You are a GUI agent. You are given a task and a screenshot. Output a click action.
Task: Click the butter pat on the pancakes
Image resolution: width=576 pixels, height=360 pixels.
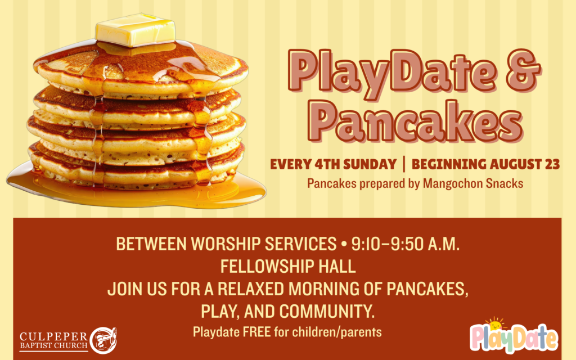pyautogui.click(x=135, y=30)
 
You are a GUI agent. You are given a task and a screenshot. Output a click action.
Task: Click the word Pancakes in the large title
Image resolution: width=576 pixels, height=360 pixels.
pyautogui.click(x=415, y=121)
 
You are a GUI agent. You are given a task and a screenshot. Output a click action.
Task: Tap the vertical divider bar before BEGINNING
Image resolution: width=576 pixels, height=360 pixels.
pyautogui.click(x=404, y=164)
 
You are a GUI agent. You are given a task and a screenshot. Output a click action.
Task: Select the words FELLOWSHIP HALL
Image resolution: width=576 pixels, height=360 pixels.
pyautogui.click(x=288, y=266)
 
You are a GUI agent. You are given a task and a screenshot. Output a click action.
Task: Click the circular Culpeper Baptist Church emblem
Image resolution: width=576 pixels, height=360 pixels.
pyautogui.click(x=103, y=340)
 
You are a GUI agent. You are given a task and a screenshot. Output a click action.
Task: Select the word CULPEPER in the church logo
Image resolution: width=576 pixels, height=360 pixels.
pyautogui.click(x=53, y=336)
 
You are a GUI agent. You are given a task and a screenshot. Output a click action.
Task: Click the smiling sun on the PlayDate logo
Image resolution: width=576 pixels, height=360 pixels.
pyautogui.click(x=496, y=324)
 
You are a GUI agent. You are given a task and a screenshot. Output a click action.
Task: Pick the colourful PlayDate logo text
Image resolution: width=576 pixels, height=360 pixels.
pyautogui.click(x=514, y=338)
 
